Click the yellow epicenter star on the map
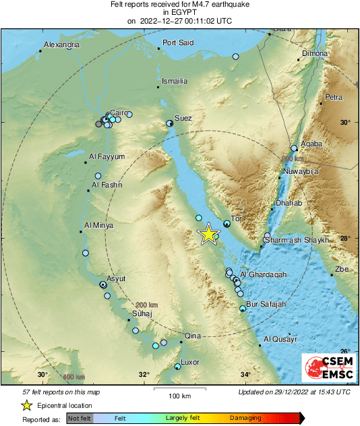click(209, 234)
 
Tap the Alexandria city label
click(62, 45)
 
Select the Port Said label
click(179, 42)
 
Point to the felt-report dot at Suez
click(170, 123)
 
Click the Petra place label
click(334, 98)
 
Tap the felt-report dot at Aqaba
click(294, 148)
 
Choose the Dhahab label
click(290, 203)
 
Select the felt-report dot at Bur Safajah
click(243, 308)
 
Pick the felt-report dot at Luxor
click(177, 367)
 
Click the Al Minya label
click(98, 225)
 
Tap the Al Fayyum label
click(107, 156)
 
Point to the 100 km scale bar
click(180, 389)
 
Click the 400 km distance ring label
click(73, 376)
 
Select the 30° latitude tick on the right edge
click(345, 123)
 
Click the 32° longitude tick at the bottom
click(144, 375)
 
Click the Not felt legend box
click(80, 419)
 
